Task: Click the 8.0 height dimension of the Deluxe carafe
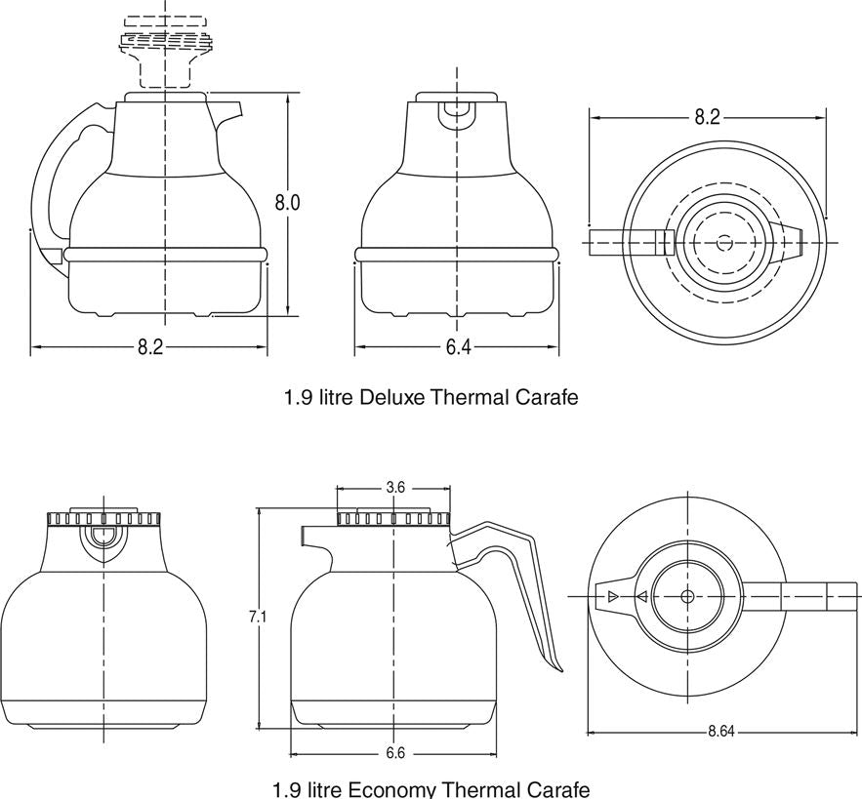click(x=286, y=203)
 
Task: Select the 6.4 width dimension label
click(x=457, y=347)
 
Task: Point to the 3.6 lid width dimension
click(x=394, y=487)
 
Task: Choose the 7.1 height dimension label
click(x=258, y=616)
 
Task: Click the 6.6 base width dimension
click(x=394, y=752)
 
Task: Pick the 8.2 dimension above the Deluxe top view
click(x=707, y=117)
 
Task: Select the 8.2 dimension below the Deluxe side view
click(x=149, y=347)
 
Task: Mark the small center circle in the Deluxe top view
click(x=723, y=241)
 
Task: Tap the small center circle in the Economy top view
click(x=687, y=595)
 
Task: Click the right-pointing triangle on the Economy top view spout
click(x=612, y=595)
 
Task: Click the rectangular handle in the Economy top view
click(x=800, y=595)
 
